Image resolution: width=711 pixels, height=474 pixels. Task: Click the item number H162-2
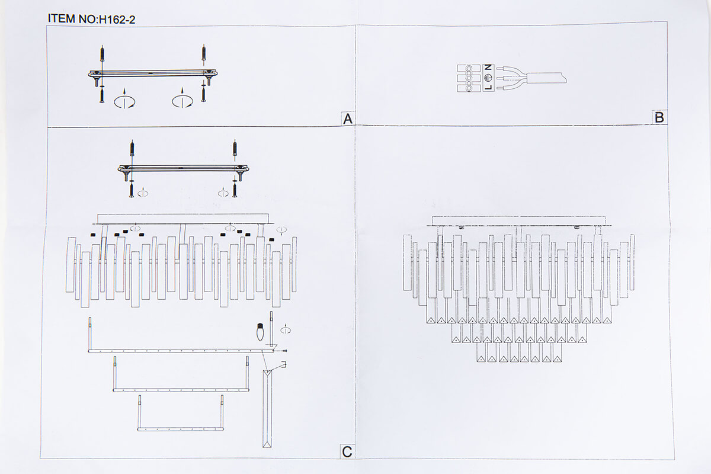[117, 20]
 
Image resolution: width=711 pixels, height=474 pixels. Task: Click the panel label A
[348, 118]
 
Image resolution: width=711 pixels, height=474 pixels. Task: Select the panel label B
[659, 117]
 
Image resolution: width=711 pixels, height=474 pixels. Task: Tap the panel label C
[347, 451]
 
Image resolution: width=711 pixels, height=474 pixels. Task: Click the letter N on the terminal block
[488, 68]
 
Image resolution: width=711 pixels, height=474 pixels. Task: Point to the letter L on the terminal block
[488, 87]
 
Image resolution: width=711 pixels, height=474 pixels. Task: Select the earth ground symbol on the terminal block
[488, 78]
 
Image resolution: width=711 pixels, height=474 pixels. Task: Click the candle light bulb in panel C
[260, 332]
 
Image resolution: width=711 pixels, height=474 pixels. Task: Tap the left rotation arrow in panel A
[124, 100]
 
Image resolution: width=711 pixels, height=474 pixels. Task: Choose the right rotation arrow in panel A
[182, 100]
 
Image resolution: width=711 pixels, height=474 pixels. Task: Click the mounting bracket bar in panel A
[153, 73]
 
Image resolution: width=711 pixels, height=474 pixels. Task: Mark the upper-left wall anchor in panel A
[102, 53]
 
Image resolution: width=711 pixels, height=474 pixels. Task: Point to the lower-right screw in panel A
[203, 95]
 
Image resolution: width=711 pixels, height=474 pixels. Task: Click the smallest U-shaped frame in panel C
[181, 429]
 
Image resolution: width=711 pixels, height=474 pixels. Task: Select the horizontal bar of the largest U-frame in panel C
[181, 351]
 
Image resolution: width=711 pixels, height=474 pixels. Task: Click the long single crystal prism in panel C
[267, 409]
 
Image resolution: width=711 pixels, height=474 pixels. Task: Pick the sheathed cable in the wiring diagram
[546, 78]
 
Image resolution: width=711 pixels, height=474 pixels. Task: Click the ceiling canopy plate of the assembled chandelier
[519, 220]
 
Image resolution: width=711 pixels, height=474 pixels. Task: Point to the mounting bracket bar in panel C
[184, 168]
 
